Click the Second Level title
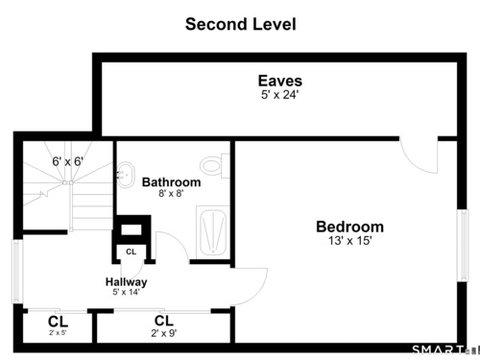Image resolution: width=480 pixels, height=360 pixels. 241,24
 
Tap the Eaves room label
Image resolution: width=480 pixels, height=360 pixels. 280,81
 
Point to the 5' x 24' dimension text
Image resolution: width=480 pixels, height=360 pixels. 280,95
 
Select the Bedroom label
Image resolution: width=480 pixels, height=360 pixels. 349,227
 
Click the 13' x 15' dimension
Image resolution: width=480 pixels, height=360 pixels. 350,241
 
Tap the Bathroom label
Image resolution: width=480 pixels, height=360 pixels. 172,182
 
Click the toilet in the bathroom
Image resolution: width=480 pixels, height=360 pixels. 215,166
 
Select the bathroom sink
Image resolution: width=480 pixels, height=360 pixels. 126,175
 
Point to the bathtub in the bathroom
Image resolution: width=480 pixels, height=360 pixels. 213,232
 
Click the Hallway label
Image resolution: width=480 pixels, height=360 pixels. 127,282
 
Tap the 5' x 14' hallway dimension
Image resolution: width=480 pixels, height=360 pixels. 126,292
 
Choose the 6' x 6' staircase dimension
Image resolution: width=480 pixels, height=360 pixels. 68,161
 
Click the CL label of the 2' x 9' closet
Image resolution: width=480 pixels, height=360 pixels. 164,321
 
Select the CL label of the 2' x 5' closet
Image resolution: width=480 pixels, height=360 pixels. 58,322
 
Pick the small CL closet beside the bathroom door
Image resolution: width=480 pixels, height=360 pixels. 132,252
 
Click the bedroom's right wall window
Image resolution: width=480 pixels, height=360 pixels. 463,245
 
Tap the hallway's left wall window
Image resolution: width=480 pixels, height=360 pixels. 17,271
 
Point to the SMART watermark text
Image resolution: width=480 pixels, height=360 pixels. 438,349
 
